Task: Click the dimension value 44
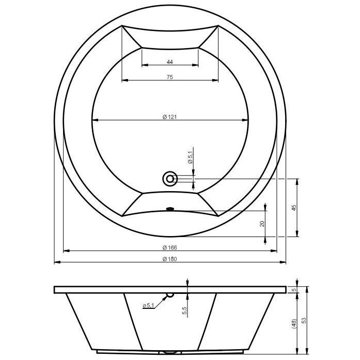pyautogui.click(x=169, y=62)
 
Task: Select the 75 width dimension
pyautogui.click(x=169, y=77)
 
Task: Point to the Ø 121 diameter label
pyautogui.click(x=169, y=117)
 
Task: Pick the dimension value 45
pyautogui.click(x=293, y=207)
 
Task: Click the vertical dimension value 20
pyautogui.click(x=262, y=223)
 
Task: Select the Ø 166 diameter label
pyautogui.click(x=169, y=247)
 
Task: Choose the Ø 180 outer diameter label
pyautogui.click(x=169, y=259)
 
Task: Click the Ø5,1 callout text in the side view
pyautogui.click(x=148, y=306)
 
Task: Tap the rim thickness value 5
pyautogui.click(x=293, y=290)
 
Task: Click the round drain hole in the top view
pyautogui.click(x=169, y=179)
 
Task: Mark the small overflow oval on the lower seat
pyautogui.click(x=169, y=209)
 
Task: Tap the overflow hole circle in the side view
pyautogui.click(x=169, y=295)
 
